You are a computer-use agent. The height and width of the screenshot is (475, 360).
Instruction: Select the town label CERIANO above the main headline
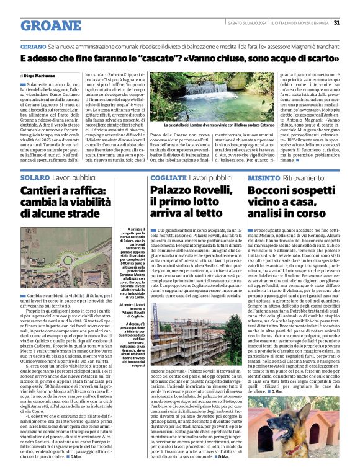[33, 47]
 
